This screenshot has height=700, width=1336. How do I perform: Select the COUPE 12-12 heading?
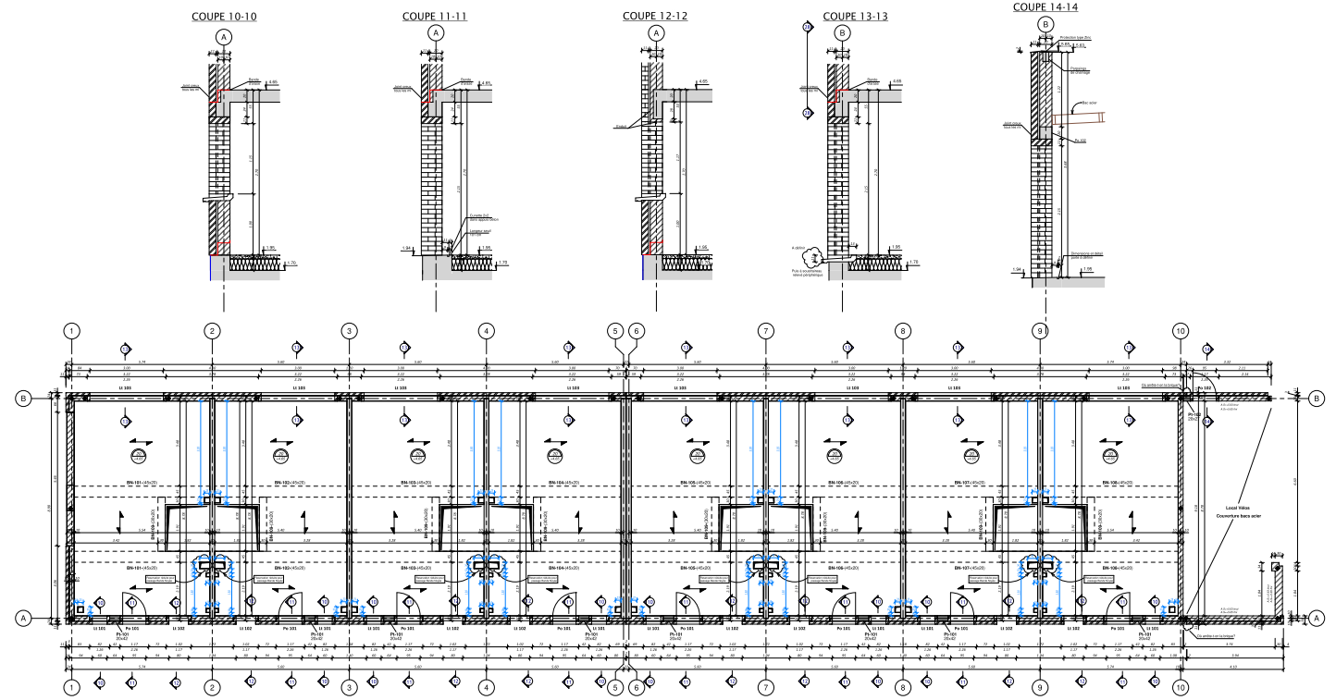655,16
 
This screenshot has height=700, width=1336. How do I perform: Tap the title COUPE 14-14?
1045,6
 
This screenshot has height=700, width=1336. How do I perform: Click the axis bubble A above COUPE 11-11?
437,32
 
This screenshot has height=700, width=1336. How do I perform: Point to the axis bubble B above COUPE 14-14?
1045,24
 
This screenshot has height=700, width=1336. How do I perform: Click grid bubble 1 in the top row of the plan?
70,330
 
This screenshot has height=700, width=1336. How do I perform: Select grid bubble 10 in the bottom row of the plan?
1179,687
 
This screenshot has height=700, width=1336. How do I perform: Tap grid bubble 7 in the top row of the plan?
765,330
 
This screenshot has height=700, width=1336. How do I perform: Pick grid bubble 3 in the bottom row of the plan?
349,687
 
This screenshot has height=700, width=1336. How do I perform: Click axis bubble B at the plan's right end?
1316,399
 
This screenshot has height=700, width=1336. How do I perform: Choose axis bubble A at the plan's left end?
25,618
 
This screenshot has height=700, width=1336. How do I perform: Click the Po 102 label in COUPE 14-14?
1080,141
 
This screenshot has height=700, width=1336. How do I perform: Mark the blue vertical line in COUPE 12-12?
643,267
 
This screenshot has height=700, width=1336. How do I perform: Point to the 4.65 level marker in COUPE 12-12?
703,81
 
